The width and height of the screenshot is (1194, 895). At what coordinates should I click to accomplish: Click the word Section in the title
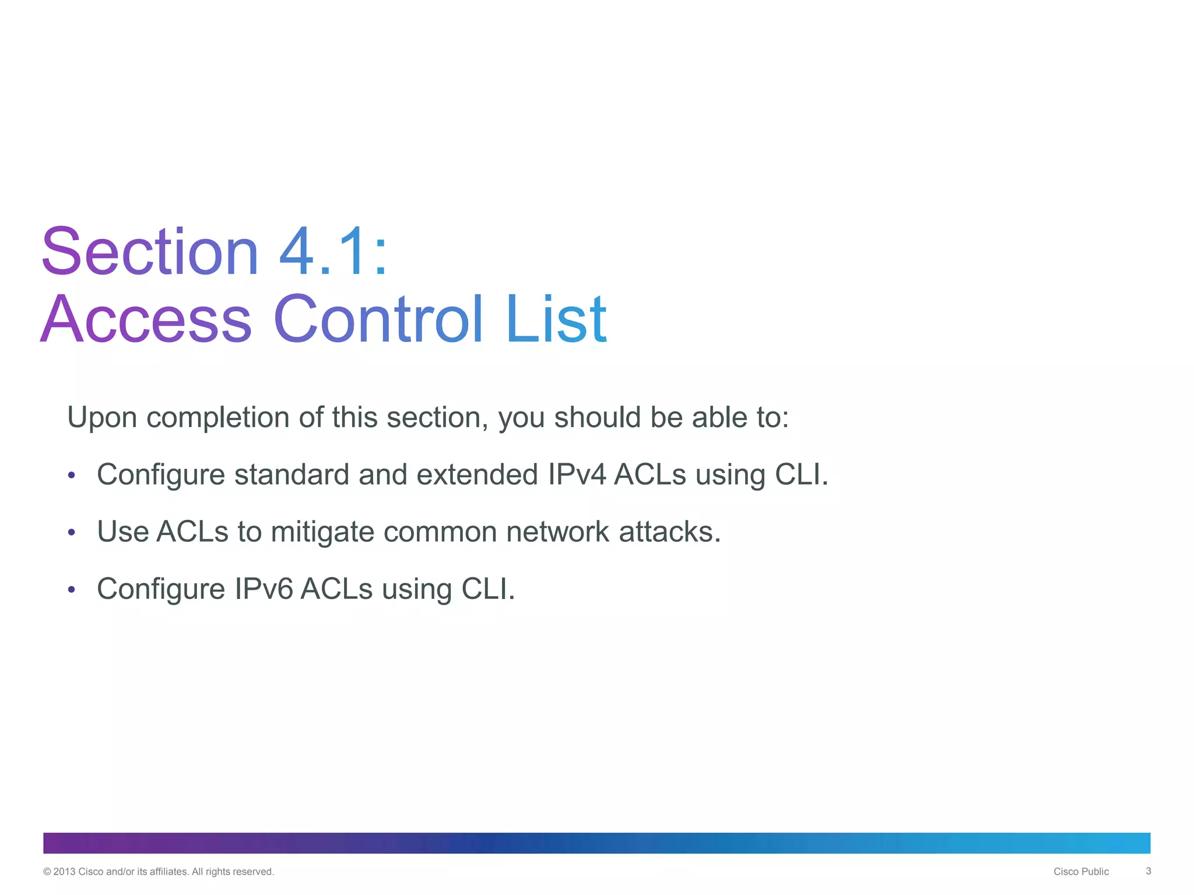pyautogui.click(x=149, y=252)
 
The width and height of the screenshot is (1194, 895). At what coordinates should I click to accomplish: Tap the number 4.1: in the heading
pyautogui.click(x=333, y=252)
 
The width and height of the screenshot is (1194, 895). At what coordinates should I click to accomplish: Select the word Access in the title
pyautogui.click(x=146, y=319)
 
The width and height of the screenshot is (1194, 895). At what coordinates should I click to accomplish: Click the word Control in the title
pyautogui.click(x=378, y=319)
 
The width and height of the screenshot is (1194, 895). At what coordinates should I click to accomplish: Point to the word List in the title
pyautogui.click(x=556, y=319)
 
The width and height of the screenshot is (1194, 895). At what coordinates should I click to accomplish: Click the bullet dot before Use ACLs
pyautogui.click(x=72, y=532)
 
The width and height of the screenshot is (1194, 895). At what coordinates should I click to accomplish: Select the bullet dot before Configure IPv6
pyautogui.click(x=72, y=589)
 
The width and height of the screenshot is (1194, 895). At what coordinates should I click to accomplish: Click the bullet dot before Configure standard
pyautogui.click(x=72, y=475)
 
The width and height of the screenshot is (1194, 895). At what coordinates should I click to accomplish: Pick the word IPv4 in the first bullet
pyautogui.click(x=577, y=474)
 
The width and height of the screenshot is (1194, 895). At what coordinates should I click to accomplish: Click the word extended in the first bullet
pyautogui.click(x=477, y=474)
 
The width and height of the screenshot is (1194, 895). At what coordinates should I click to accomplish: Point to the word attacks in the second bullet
pyautogui.click(x=669, y=532)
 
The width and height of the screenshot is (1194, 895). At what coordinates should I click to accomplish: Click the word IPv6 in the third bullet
pyautogui.click(x=264, y=589)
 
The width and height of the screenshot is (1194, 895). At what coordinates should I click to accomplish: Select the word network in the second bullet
pyautogui.click(x=557, y=532)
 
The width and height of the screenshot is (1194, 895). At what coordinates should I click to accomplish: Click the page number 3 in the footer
pyautogui.click(x=1148, y=871)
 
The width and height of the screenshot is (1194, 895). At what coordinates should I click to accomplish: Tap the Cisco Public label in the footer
pyautogui.click(x=1081, y=872)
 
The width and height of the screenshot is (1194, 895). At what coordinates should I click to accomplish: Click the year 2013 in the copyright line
pyautogui.click(x=64, y=872)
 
